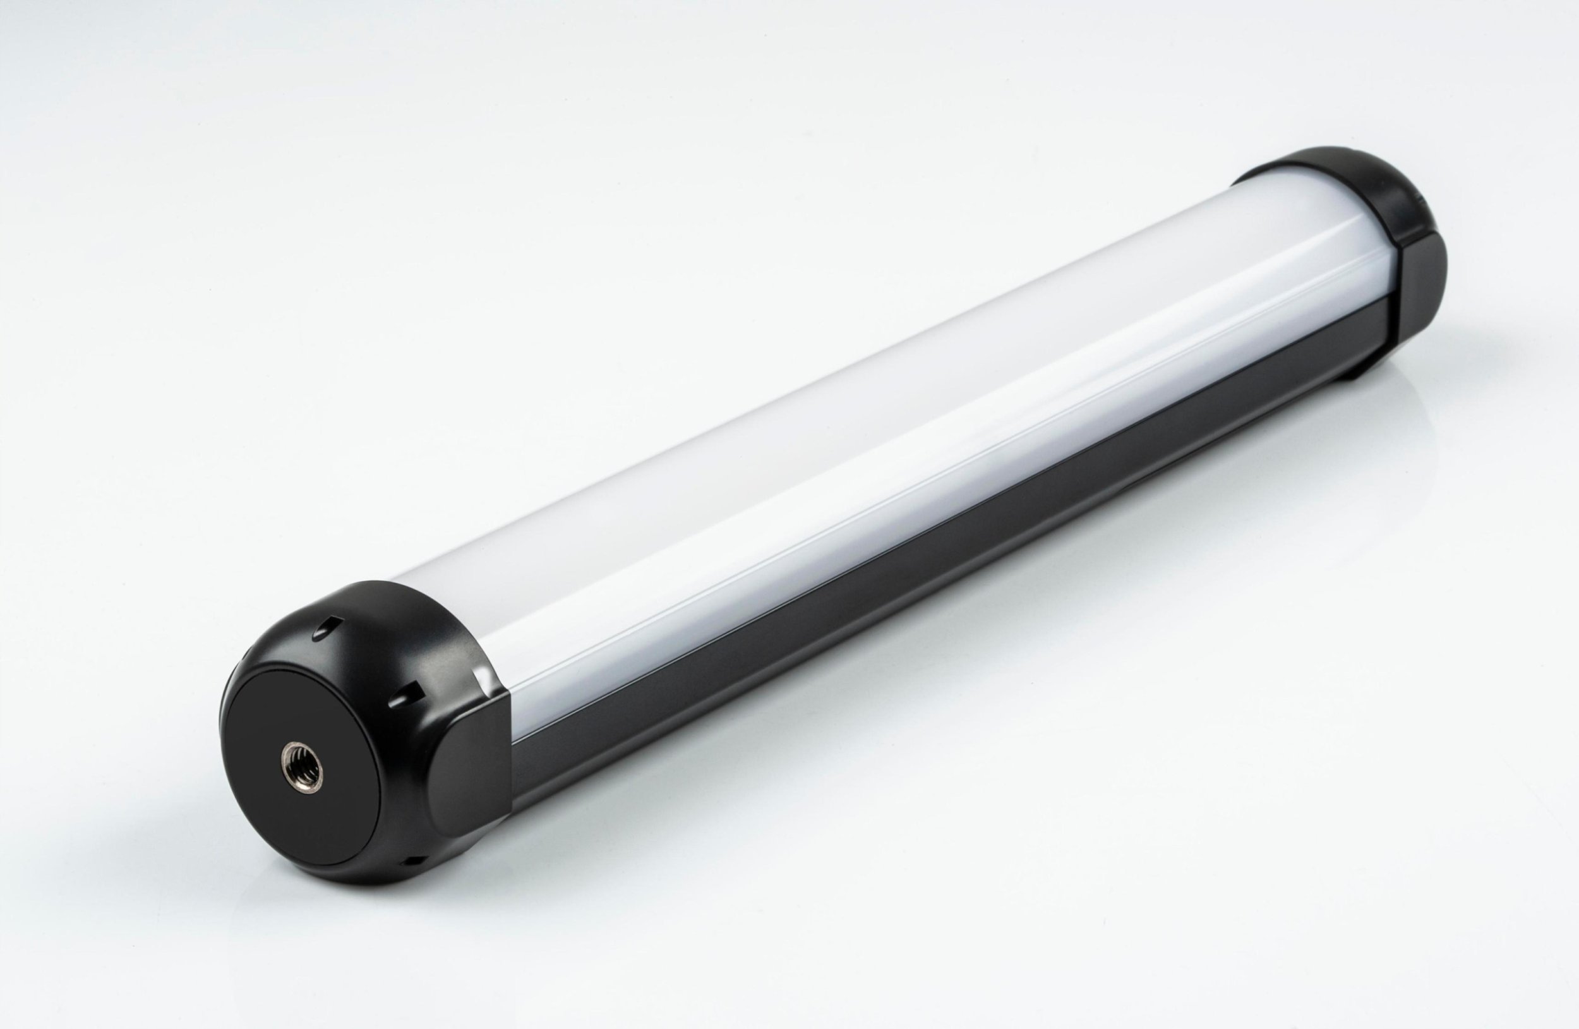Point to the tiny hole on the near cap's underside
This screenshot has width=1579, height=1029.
[410, 860]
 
